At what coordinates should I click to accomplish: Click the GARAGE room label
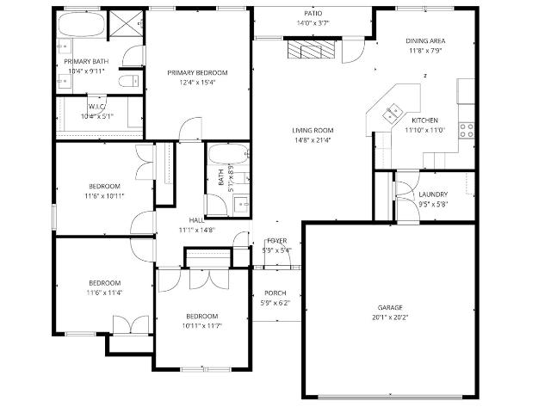click(x=390, y=308)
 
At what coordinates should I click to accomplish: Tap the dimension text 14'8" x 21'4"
click(x=313, y=140)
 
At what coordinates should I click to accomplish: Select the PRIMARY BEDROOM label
click(x=197, y=72)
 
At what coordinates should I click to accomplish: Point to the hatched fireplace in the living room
click(x=312, y=49)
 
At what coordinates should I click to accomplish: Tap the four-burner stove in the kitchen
click(x=467, y=130)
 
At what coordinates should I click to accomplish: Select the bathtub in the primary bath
click(x=82, y=24)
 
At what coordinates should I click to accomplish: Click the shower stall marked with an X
click(x=127, y=23)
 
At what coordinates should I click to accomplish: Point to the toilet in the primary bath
click(x=128, y=82)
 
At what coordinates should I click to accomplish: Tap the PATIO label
click(x=313, y=14)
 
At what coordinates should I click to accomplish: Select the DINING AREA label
click(x=425, y=40)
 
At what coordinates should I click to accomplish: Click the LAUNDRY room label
click(x=433, y=194)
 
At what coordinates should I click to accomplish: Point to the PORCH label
click(x=275, y=293)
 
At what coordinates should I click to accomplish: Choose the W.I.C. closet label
click(x=97, y=107)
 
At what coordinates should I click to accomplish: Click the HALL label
click(x=196, y=220)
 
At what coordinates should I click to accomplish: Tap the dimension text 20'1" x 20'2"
click(x=390, y=317)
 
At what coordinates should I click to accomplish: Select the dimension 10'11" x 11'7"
click(x=202, y=326)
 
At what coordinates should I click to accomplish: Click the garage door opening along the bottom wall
click(x=390, y=398)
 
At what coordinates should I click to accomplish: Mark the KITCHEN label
click(x=424, y=120)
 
